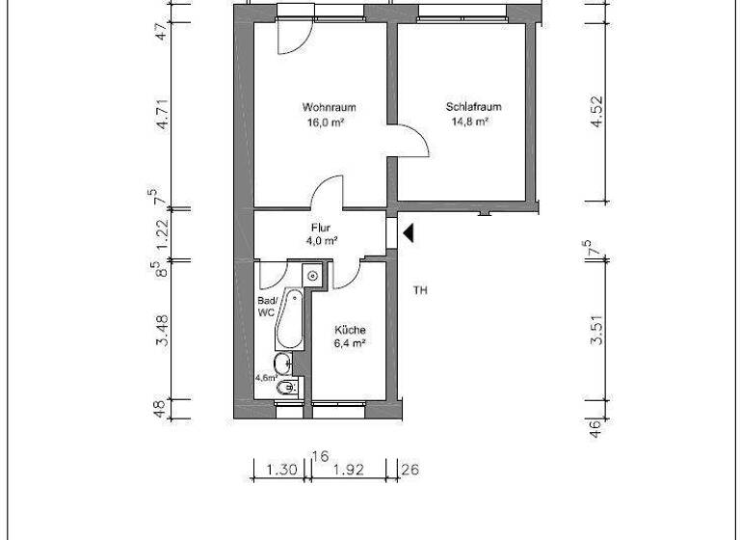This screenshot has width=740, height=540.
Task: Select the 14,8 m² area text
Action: [x=470, y=122]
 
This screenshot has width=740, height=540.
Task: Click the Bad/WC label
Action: [x=266, y=307]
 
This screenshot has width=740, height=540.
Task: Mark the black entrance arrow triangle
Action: [x=409, y=232]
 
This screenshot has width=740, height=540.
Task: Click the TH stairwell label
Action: [x=419, y=289]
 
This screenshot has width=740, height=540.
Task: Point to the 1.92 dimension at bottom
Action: [x=349, y=471]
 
